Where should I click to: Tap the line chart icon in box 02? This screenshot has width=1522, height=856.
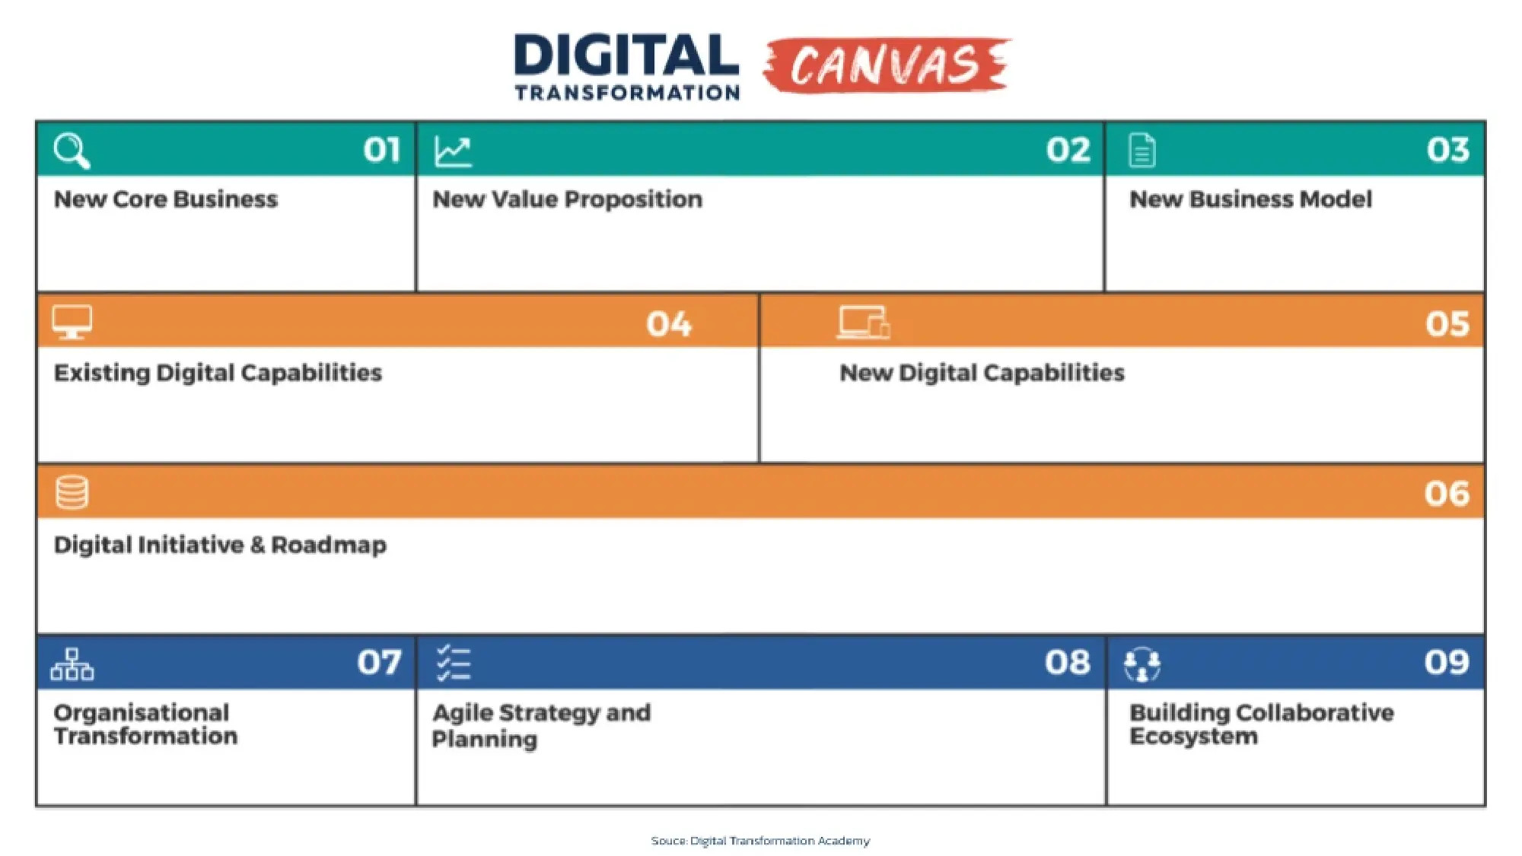[x=453, y=151]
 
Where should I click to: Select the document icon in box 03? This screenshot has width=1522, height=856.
[x=1141, y=150]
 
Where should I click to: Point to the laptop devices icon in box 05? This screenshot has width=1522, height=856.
[x=864, y=322]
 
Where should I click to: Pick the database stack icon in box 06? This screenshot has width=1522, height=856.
[x=72, y=492]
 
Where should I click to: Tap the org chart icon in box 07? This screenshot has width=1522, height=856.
[x=72, y=664]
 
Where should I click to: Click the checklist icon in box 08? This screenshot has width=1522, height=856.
[x=454, y=663]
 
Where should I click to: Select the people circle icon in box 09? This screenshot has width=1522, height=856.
[x=1141, y=664]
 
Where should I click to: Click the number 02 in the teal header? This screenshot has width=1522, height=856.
[x=1068, y=150]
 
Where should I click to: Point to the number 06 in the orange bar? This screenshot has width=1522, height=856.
[x=1447, y=494]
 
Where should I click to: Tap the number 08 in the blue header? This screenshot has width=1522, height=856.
[x=1067, y=663]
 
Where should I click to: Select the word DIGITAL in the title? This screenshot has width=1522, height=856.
[x=626, y=56]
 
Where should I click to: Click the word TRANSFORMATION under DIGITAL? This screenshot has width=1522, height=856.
[x=627, y=93]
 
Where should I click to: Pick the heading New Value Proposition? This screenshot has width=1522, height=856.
[x=567, y=199]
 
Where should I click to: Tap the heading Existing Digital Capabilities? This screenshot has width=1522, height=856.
[x=218, y=373]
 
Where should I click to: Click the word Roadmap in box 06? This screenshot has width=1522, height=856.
[x=329, y=546]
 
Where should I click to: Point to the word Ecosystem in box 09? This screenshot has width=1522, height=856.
[x=1193, y=737]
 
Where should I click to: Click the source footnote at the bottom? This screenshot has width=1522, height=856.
[x=760, y=841]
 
